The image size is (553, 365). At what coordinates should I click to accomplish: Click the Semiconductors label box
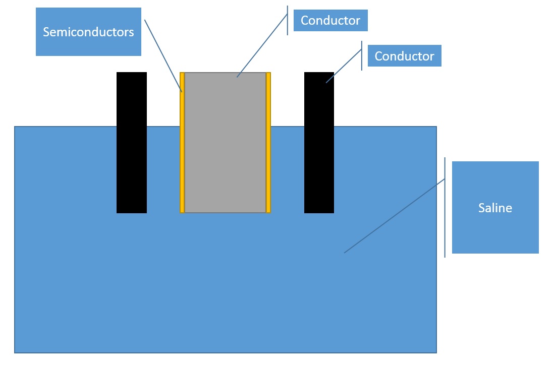click(x=88, y=32)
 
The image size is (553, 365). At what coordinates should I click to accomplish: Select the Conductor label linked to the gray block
click(x=330, y=21)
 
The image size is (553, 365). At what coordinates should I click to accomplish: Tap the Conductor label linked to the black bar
click(x=404, y=56)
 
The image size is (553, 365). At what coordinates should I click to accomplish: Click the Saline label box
click(x=495, y=207)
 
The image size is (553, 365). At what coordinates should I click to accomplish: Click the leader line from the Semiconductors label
click(x=163, y=55)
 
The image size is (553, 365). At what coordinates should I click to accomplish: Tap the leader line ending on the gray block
click(x=262, y=49)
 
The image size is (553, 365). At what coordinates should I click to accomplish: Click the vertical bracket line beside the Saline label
click(x=445, y=207)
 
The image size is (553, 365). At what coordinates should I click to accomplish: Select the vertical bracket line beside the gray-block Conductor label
click(x=288, y=21)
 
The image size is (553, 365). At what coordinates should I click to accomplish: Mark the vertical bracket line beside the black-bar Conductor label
click(x=362, y=56)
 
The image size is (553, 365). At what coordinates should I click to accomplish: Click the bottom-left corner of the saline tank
click(x=15, y=352)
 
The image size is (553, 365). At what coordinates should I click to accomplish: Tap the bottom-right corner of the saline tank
click(x=436, y=352)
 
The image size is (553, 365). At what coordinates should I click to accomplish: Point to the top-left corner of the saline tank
click(x=15, y=127)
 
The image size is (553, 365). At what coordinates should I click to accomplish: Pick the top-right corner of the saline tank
click(x=436, y=127)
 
